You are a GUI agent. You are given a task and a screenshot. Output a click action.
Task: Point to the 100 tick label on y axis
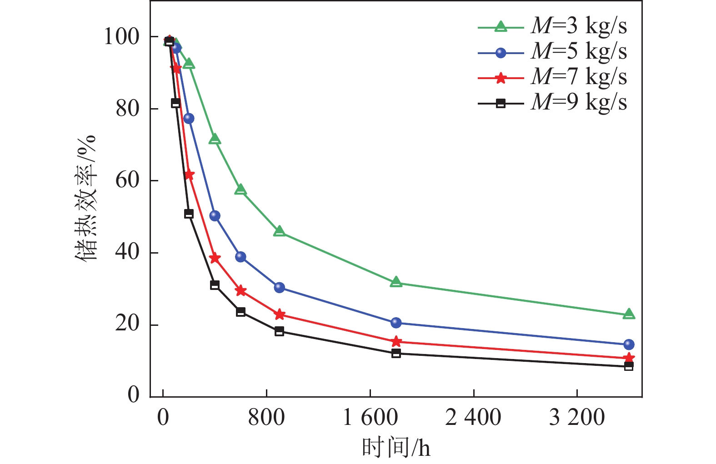[121, 37]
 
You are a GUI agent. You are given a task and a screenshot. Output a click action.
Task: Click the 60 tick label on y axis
[127, 180]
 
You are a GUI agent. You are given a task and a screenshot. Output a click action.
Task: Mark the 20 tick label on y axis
[127, 324]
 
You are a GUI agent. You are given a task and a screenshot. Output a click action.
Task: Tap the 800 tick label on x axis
[266, 417]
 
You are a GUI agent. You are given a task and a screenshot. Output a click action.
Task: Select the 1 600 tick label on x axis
[370, 417]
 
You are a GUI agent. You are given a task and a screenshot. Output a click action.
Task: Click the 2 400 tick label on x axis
[473, 417]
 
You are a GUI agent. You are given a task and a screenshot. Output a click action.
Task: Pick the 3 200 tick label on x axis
[577, 417]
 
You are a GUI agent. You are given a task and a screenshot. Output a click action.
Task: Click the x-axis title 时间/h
[396, 448]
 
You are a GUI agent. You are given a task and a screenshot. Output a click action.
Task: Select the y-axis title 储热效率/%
[86, 197]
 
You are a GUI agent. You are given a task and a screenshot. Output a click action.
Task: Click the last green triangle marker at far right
[629, 314]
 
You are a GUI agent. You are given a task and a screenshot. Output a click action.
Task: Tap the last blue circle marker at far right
[629, 344]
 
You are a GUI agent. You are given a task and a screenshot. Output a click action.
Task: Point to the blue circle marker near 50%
[215, 216]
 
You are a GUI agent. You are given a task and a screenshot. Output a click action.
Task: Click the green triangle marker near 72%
[215, 139]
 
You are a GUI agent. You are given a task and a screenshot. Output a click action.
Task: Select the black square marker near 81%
[176, 104]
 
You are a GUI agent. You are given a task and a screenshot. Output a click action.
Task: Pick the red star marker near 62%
[189, 175]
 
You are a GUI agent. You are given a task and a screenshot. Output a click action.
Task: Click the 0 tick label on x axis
[163, 417]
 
